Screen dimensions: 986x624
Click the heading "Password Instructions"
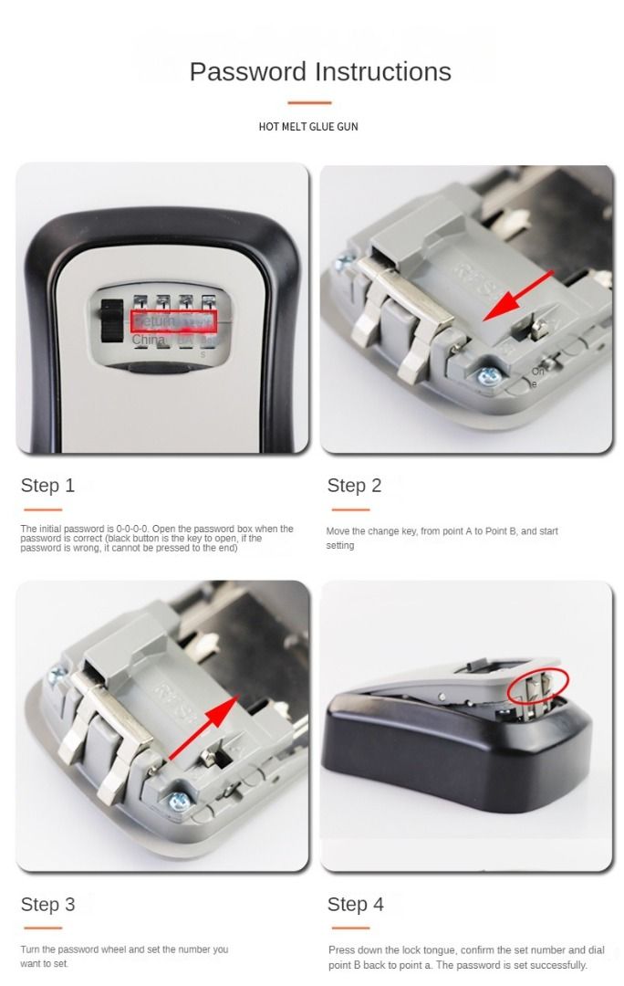[x=320, y=71]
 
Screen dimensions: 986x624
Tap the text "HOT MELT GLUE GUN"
[x=308, y=127]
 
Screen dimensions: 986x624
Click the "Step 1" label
[x=47, y=486]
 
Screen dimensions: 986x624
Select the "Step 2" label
[x=354, y=486]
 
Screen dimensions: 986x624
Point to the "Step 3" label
[x=47, y=905]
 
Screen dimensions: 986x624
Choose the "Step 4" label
[x=356, y=905]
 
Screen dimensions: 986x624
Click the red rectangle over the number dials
[x=173, y=321]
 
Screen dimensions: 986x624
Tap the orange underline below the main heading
[x=309, y=102]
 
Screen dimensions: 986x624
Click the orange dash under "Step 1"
[x=42, y=509]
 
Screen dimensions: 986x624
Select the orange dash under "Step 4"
[x=349, y=928]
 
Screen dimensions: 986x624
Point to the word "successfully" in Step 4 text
[x=560, y=965]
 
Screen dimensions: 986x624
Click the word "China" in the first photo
[x=149, y=340]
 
